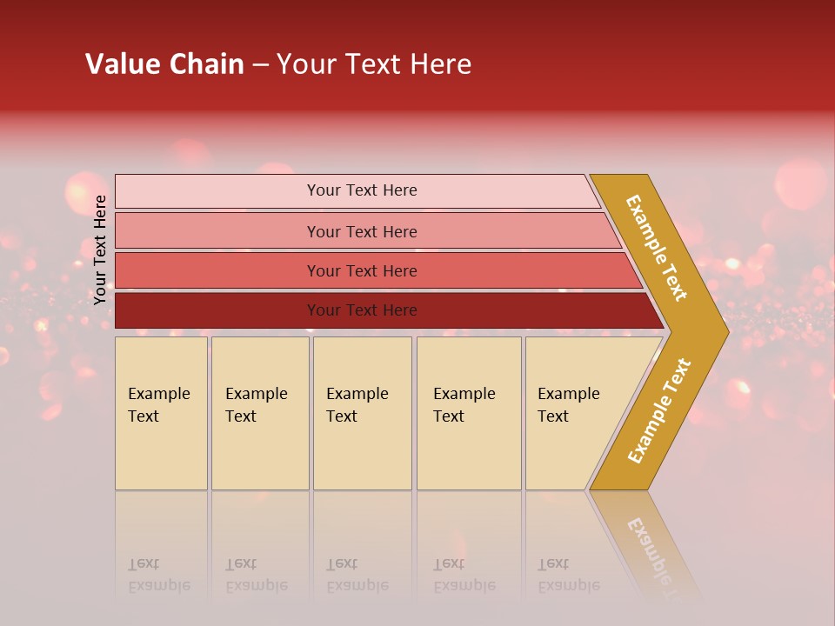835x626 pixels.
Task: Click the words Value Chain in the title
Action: click(164, 64)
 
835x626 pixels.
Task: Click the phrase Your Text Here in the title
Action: click(374, 64)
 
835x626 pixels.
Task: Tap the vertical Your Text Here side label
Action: click(101, 250)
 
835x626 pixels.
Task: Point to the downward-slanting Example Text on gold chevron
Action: click(657, 248)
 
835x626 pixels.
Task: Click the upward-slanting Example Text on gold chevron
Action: click(659, 410)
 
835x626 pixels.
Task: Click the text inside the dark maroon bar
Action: click(362, 310)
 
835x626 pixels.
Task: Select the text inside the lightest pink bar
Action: click(362, 190)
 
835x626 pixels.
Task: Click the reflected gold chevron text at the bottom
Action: click(648, 548)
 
